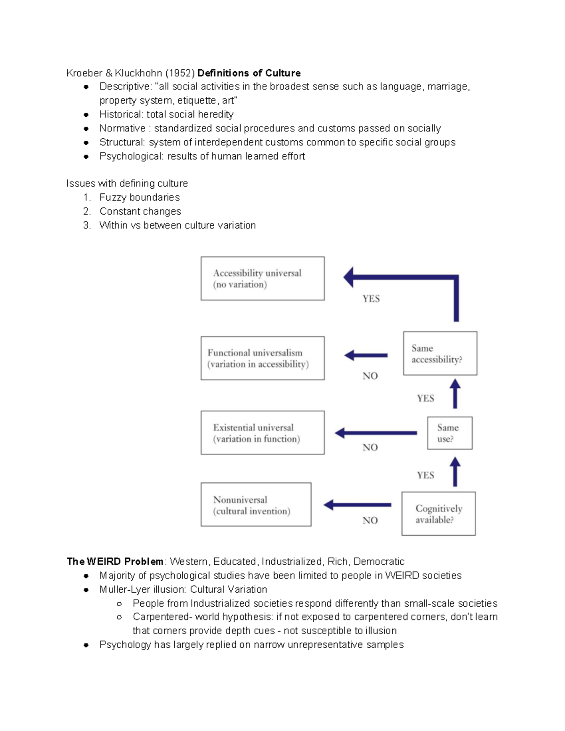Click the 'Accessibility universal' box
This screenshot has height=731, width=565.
coord(262,278)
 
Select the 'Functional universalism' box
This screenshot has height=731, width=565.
coord(262,358)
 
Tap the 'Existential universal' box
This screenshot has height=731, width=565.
coord(262,433)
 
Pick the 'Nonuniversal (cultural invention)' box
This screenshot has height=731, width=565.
coord(256,505)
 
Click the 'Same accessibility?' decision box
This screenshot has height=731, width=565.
coord(440,353)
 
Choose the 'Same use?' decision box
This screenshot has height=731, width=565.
coord(449,433)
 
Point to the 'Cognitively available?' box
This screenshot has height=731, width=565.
coord(438,514)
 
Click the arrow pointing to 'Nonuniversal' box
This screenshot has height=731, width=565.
coord(357,505)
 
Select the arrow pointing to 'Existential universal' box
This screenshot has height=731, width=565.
coord(375,433)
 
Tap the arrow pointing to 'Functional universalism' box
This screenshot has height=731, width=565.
coord(366,355)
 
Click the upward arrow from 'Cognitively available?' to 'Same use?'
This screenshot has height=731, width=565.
coord(455,472)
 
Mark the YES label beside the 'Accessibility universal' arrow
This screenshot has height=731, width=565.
coord(371,298)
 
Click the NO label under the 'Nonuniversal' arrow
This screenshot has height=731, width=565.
coord(370,520)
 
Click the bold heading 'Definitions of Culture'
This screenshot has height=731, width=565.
coord(249,73)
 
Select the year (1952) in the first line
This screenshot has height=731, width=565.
coord(180,73)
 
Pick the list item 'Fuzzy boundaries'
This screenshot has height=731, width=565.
coord(139,197)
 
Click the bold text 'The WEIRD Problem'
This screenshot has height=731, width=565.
coord(115,562)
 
